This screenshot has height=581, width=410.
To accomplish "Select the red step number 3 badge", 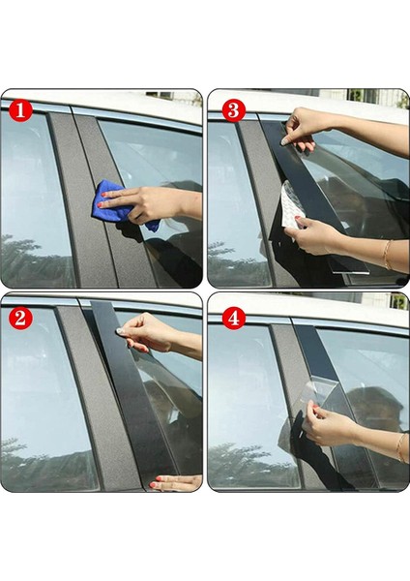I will point(232,109).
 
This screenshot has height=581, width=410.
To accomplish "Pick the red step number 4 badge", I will point(232,317).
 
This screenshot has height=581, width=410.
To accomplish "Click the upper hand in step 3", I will point(311,126).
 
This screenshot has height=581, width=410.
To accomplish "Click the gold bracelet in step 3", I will point(386,254).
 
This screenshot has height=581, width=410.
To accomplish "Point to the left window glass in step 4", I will point(242,407).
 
